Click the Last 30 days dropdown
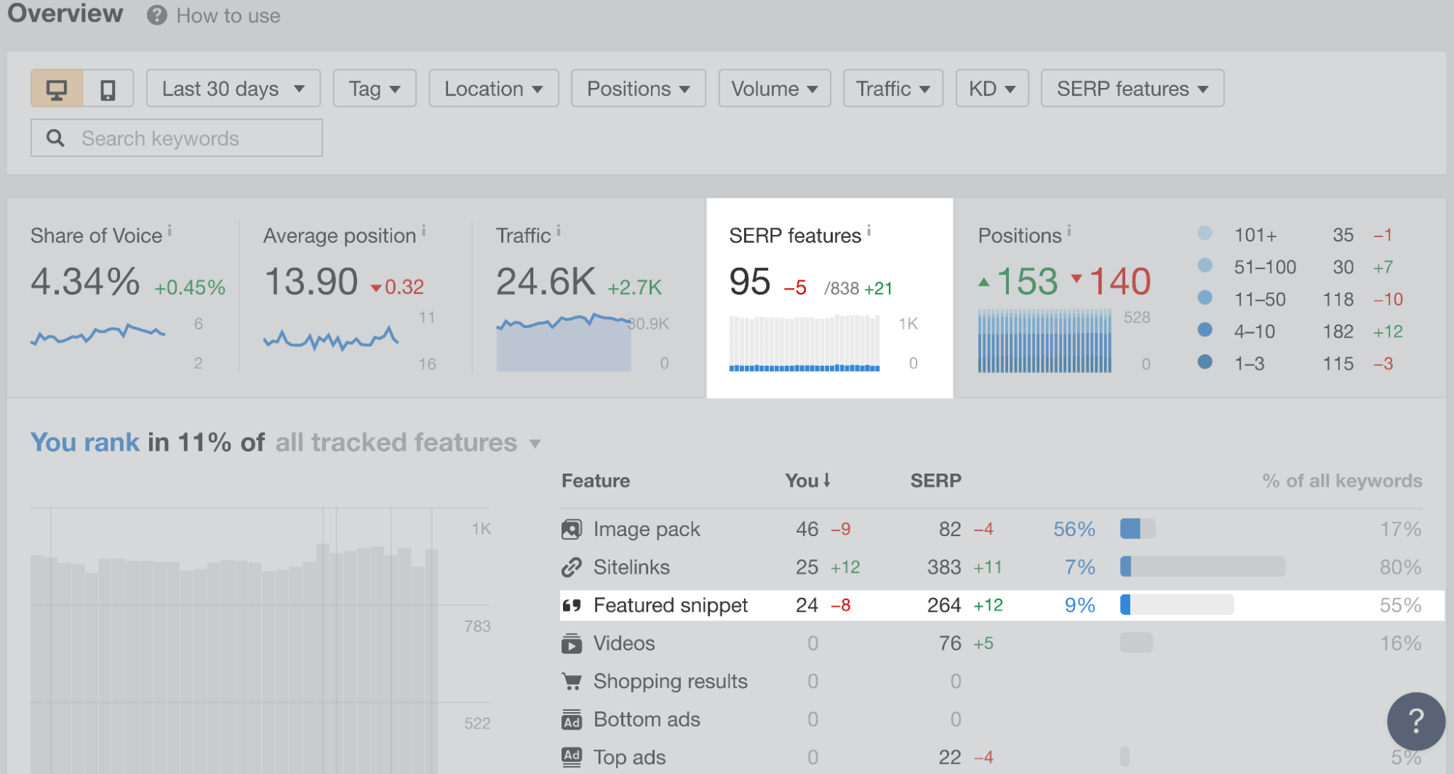pos(233,89)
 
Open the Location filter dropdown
pos(493,89)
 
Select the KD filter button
pos(991,89)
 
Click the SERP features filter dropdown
pos(1132,89)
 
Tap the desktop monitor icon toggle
pos(57,89)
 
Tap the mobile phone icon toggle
pos(108,89)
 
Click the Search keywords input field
pos(177,138)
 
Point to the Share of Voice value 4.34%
pos(85,282)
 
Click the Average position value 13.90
pos(311,282)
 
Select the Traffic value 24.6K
pos(546,282)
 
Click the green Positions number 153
pos(1026,282)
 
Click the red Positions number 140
pos(1119,282)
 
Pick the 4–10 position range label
pos(1254,332)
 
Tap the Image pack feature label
pos(646,530)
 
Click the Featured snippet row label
pos(670,605)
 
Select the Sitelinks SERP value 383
pos(943,567)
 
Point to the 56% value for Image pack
pos(1074,530)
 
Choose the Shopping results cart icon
pos(572,682)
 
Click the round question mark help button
pos(1415,721)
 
